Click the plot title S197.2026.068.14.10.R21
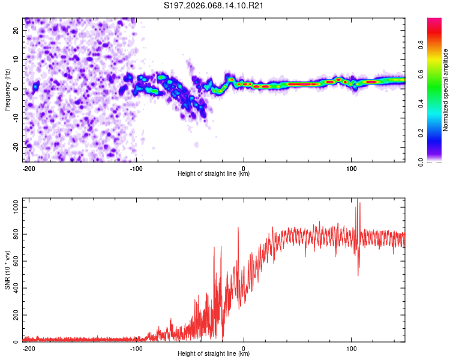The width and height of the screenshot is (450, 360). tap(214, 5)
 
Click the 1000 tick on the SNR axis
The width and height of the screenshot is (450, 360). tap(12, 207)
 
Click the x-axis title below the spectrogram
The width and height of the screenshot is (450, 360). tap(214, 174)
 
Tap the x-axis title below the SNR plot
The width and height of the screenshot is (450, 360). tap(214, 354)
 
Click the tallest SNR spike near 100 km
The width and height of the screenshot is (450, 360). tap(358, 200)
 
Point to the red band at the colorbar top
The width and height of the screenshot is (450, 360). tap(434, 23)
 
